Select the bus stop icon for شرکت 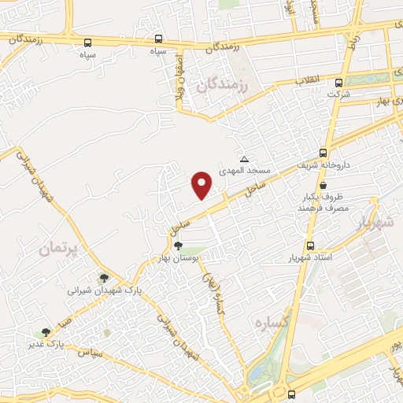339,83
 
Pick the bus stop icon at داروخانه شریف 323,153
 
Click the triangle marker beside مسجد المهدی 244,159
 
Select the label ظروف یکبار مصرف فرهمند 317,203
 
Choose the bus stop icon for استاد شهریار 310,246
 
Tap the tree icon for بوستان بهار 178,246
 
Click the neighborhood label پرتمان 57,250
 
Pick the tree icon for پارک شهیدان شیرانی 103,278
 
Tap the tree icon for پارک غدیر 46,332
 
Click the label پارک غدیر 46,344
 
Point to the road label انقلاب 305,81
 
